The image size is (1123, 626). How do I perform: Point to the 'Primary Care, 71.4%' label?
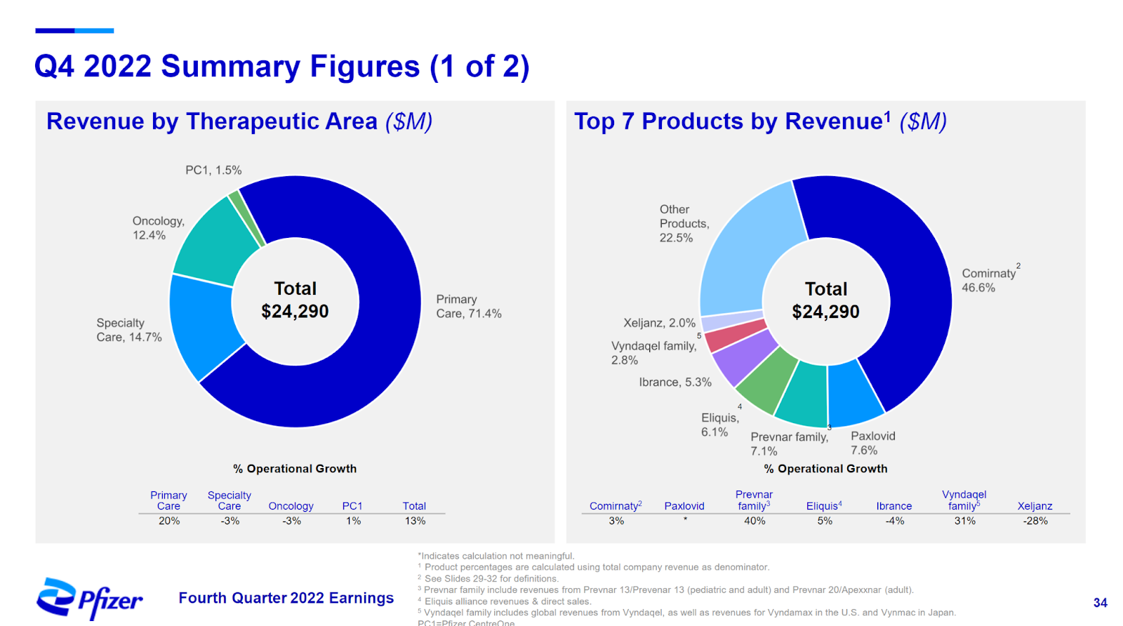pyautogui.click(x=468, y=307)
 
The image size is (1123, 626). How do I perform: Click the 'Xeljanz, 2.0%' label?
pyautogui.click(x=659, y=323)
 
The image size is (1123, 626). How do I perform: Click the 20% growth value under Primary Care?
pyautogui.click(x=169, y=521)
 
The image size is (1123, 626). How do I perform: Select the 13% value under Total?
pyautogui.click(x=415, y=521)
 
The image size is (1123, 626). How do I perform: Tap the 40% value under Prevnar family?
pyautogui.click(x=755, y=521)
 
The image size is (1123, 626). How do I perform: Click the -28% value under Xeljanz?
pyautogui.click(x=1035, y=521)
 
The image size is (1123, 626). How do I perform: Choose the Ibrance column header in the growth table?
pyautogui.click(x=894, y=506)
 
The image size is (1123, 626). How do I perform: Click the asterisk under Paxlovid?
pyautogui.click(x=685, y=520)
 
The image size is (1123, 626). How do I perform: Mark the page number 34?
pyautogui.click(x=1100, y=603)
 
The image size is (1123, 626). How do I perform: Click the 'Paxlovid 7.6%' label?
pyautogui.click(x=872, y=443)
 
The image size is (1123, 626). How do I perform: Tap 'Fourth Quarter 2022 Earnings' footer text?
pyautogui.click(x=286, y=598)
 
